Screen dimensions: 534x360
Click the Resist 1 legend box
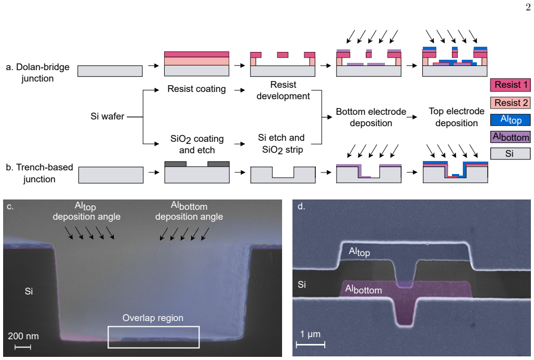[510, 85]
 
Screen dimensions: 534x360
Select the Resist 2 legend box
[510, 103]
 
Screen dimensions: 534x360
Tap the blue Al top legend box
[510, 119]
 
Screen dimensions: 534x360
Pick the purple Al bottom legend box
[510, 137]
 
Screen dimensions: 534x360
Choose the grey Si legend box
[510, 153]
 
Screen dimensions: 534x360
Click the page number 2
[528, 7]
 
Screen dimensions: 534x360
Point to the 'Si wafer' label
[108, 116]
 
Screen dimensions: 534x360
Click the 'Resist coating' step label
[196, 89]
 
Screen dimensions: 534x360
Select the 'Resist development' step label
[283, 90]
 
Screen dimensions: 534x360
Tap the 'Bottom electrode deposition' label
[371, 117]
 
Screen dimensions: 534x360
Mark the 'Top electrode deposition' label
[457, 117]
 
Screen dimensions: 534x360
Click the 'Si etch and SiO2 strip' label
[282, 144]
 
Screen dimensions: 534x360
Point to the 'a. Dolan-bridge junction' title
[37, 73]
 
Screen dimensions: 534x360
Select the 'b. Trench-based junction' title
[39, 173]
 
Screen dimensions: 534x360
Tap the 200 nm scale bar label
[23, 336]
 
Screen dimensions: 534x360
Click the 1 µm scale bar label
[310, 334]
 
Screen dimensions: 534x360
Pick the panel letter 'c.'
[10, 206]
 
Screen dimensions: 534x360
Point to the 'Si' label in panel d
[302, 284]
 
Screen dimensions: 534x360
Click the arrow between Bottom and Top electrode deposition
[412, 117]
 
